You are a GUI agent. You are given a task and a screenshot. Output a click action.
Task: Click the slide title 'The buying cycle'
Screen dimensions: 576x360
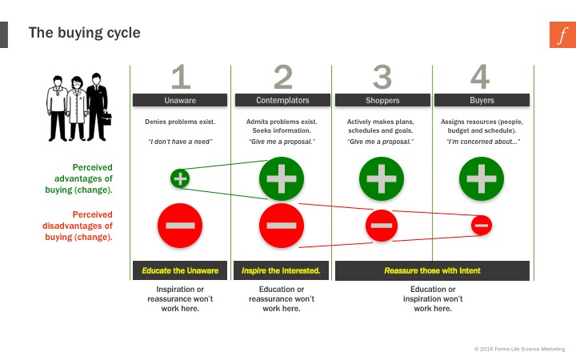[85, 33]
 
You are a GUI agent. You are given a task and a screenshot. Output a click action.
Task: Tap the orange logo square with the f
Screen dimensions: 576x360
[562, 34]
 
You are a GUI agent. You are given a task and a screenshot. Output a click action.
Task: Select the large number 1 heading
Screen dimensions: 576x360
[181, 77]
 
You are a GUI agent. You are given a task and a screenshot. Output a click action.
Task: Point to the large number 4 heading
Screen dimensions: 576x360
[480, 77]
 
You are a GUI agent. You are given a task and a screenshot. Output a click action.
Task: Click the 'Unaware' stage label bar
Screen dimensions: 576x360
[180, 100]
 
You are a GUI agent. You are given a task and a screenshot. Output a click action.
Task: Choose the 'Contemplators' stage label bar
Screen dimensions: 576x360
[282, 100]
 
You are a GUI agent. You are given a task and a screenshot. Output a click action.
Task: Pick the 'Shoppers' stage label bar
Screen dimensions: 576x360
[382, 100]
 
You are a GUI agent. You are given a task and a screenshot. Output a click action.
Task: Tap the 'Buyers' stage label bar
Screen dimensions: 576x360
[482, 100]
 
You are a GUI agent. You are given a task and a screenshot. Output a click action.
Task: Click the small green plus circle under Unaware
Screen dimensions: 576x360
[180, 178]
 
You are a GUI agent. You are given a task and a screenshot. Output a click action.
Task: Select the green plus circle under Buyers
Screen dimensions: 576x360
[482, 179]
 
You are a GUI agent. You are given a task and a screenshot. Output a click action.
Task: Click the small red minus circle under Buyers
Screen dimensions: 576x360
[482, 225]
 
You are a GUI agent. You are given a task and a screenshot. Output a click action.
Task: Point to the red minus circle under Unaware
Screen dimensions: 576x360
[180, 226]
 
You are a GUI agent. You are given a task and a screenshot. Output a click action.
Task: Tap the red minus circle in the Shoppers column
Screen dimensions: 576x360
[382, 226]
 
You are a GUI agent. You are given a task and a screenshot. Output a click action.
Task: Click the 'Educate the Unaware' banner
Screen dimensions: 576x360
[180, 270]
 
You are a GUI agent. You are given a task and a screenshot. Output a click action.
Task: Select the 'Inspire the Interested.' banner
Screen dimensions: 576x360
[281, 270]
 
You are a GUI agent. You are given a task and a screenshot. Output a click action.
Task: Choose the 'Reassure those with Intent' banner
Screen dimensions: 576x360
[432, 270]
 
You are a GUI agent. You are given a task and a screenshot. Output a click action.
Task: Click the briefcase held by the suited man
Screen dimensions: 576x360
[106, 118]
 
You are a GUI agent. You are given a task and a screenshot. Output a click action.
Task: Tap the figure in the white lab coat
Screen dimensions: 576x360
[77, 108]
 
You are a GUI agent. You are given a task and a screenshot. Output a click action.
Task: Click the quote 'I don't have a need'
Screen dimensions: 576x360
[180, 142]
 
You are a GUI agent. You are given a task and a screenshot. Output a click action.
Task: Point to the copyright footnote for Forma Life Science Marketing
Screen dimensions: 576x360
[519, 349]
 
